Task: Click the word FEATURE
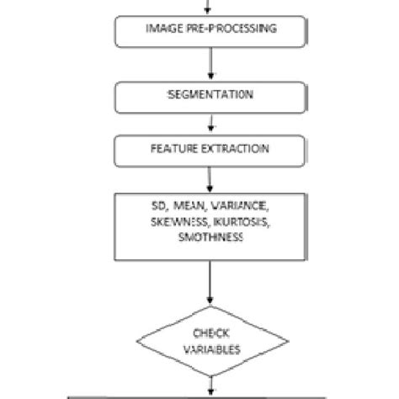173,149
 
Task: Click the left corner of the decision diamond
136,342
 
